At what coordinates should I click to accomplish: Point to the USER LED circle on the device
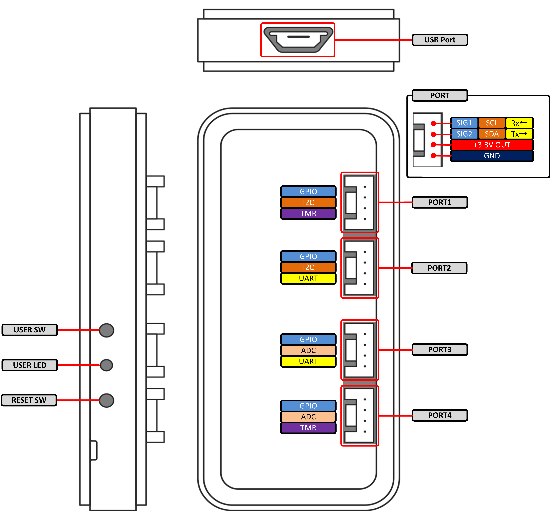pyautogui.click(x=106, y=365)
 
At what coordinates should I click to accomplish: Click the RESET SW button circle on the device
pyautogui.click(x=106, y=400)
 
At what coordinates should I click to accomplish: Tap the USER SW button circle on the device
pyautogui.click(x=106, y=330)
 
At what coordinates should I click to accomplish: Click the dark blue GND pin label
pyautogui.click(x=492, y=156)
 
